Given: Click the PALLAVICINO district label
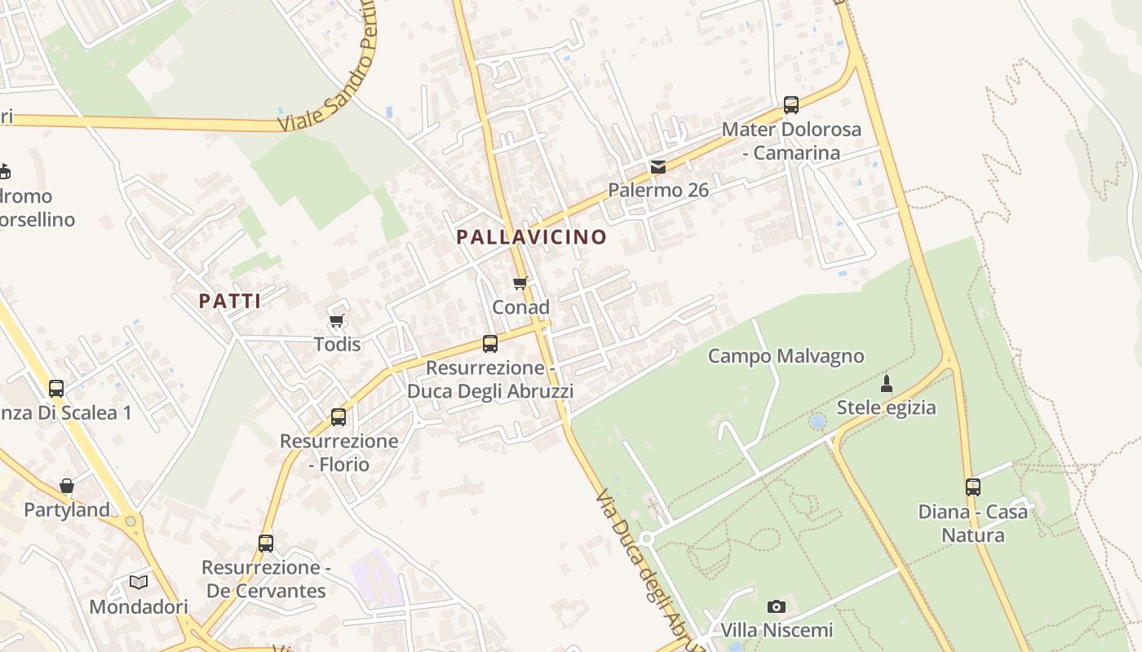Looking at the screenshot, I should (531, 237).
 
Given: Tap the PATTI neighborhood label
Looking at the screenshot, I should (230, 301).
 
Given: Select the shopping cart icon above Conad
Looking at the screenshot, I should (520, 284).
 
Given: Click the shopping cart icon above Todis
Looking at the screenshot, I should (336, 320).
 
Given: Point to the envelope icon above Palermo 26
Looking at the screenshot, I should (658, 167).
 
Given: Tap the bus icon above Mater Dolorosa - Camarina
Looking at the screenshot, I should (790, 105).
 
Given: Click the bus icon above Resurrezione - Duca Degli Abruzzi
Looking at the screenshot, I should (490, 344).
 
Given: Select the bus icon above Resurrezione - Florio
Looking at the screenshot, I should (339, 417).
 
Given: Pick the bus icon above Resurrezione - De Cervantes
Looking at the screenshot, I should (266, 544).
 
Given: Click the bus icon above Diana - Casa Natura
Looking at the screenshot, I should (973, 487).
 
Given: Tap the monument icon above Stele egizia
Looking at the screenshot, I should (887, 383).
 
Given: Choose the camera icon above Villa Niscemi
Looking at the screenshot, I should (777, 606).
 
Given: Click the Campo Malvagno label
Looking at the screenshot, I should (786, 356).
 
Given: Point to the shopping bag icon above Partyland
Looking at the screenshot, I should (67, 486).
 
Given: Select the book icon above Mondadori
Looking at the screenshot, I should (139, 582).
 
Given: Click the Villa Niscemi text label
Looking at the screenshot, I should (777, 630).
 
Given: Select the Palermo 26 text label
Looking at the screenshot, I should (658, 190).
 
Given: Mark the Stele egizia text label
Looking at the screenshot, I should (887, 407).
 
